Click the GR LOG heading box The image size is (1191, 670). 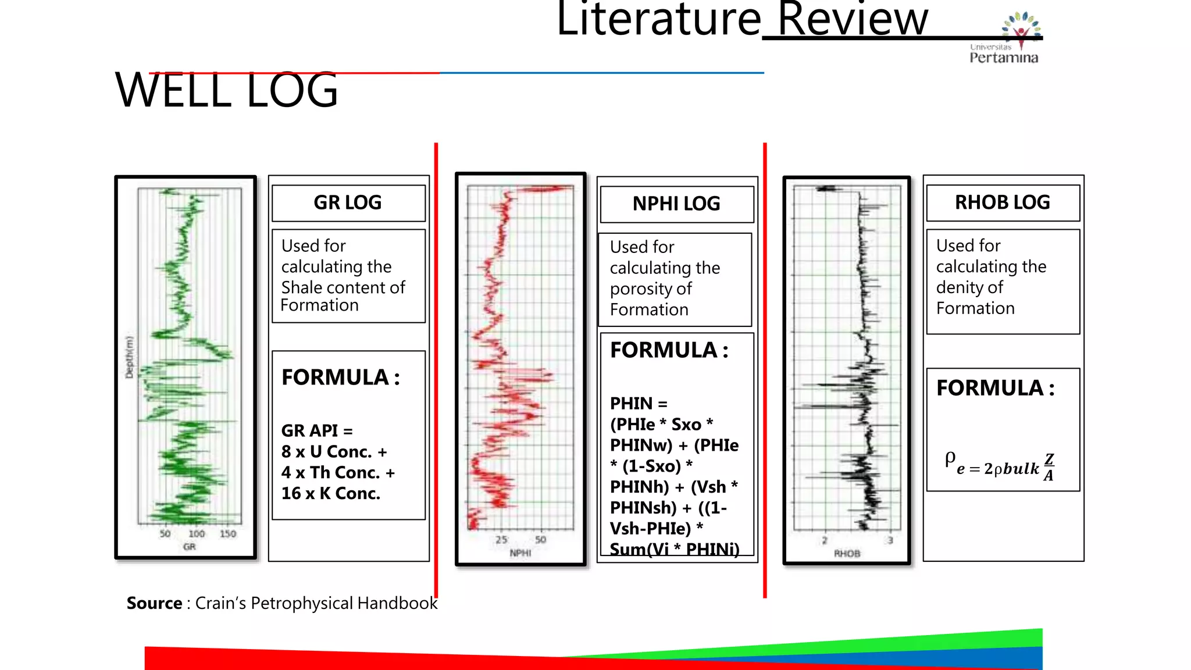tap(348, 203)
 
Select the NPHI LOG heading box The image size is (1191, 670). tap(676, 204)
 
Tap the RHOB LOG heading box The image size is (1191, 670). tap(1003, 202)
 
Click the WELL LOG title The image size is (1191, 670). tap(226, 91)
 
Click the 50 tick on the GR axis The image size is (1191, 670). tap(165, 534)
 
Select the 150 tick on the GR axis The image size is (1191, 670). tap(228, 534)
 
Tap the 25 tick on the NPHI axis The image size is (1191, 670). tap(501, 540)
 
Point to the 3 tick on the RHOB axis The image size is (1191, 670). tap(890, 540)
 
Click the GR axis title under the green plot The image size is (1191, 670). tap(190, 547)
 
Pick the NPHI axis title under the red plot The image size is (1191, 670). tap(520, 553)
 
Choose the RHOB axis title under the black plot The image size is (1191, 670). tap(847, 554)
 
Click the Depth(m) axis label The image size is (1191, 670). tap(129, 358)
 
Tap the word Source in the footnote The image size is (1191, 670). tap(154, 603)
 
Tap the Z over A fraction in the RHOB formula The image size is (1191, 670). tap(1049, 467)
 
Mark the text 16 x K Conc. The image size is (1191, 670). tap(331, 493)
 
